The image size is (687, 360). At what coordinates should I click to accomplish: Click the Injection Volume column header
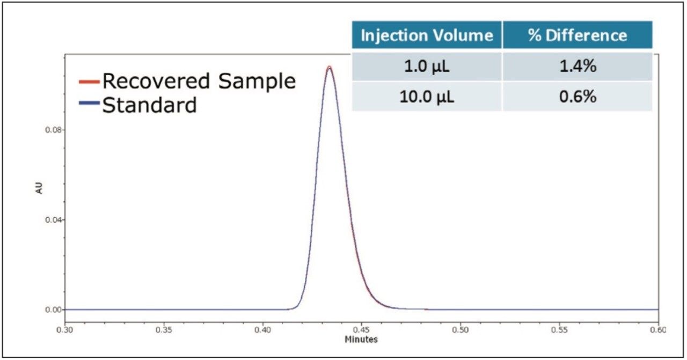click(427, 36)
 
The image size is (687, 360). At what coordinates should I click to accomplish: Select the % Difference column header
click(577, 36)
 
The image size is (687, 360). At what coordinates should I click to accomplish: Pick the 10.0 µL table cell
click(427, 97)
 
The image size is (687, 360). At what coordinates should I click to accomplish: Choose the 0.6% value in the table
click(577, 97)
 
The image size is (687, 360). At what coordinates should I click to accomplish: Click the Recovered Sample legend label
click(199, 81)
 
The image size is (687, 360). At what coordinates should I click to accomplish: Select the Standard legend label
click(149, 105)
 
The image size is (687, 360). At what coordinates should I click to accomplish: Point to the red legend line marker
click(89, 82)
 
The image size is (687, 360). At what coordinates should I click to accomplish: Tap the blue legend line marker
click(89, 105)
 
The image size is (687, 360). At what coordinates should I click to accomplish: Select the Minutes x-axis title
click(361, 340)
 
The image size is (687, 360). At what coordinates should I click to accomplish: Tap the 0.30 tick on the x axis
click(65, 330)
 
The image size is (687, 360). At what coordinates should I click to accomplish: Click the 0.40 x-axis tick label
click(263, 330)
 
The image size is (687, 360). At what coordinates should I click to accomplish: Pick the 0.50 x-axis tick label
click(461, 330)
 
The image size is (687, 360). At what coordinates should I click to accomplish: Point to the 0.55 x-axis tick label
click(559, 330)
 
